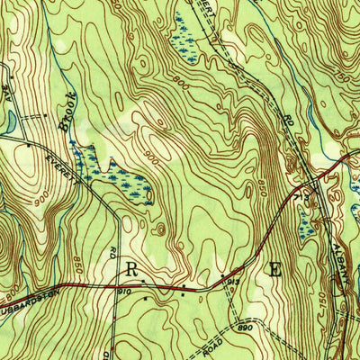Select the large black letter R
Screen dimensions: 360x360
click(131, 268)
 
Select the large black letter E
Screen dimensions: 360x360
click(274, 267)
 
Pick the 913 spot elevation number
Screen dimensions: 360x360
click(231, 282)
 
